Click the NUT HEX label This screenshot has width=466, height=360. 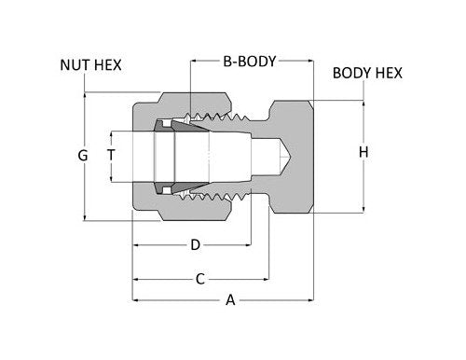tap(90, 65)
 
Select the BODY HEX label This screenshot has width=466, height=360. tap(369, 73)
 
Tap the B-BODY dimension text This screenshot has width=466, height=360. tap(250, 62)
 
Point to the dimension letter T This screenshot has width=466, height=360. tap(111, 155)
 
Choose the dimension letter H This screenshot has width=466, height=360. tap(363, 151)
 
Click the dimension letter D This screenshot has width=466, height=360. tap(195, 245)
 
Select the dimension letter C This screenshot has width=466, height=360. tap(199, 278)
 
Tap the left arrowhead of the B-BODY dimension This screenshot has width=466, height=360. tap(195, 62)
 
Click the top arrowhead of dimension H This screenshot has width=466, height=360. tap(363, 102)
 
